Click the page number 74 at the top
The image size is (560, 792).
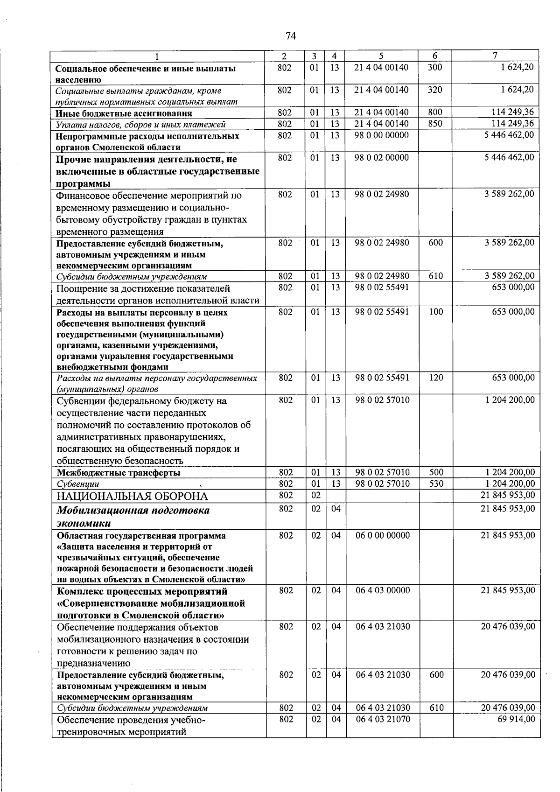coord(290,36)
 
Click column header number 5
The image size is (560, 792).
coord(381,56)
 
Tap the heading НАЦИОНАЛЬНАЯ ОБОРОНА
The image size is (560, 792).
coord(132,496)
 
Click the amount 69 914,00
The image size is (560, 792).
coord(516,720)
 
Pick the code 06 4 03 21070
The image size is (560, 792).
coord(383,720)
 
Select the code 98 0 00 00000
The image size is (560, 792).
coord(381,135)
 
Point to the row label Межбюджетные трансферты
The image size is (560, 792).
coord(119,473)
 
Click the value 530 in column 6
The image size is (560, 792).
coord(436,484)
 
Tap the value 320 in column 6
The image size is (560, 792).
coord(434,90)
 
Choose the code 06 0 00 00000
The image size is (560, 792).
coord(383,535)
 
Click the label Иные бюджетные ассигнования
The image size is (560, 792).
coord(124,113)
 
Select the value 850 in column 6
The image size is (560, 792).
coord(434,124)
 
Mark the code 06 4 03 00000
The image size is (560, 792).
coord(383,590)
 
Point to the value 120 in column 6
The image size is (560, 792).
coord(436,378)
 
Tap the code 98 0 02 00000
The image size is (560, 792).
coord(381,158)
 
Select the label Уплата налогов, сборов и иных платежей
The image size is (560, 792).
coord(141,124)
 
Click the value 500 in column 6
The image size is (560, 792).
coord(436,472)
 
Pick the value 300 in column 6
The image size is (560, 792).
coord(434,67)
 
